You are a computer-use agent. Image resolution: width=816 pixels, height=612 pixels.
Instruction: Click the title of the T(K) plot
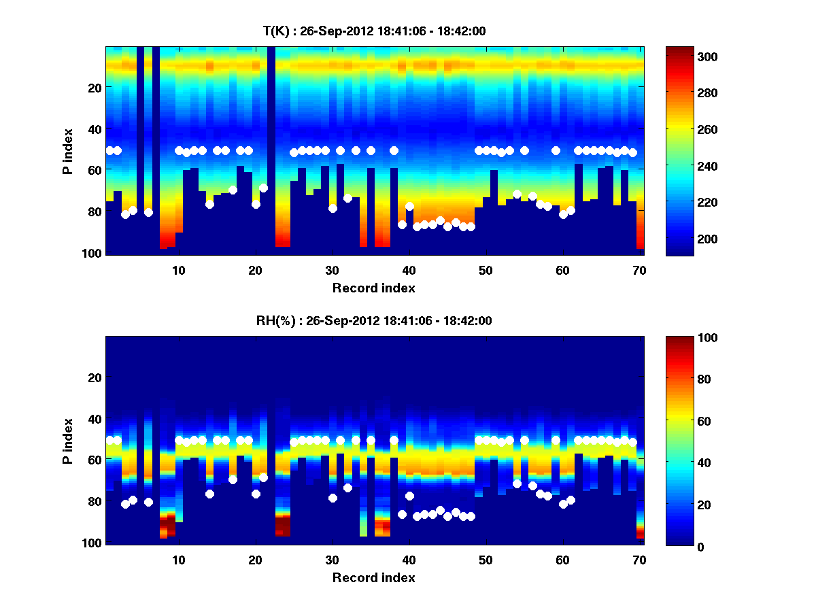coord(374,31)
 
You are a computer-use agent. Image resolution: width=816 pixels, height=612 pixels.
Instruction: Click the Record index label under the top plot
coord(374,288)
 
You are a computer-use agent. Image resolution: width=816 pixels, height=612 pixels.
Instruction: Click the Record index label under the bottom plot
coord(374,577)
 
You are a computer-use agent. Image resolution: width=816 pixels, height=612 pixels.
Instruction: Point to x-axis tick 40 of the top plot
coord(409,270)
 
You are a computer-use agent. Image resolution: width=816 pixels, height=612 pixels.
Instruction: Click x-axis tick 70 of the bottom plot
coord(639,559)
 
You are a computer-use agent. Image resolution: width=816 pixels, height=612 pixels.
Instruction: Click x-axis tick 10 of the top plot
coord(178,270)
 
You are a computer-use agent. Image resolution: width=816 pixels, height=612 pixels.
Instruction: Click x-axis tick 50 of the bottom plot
coord(486,559)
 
